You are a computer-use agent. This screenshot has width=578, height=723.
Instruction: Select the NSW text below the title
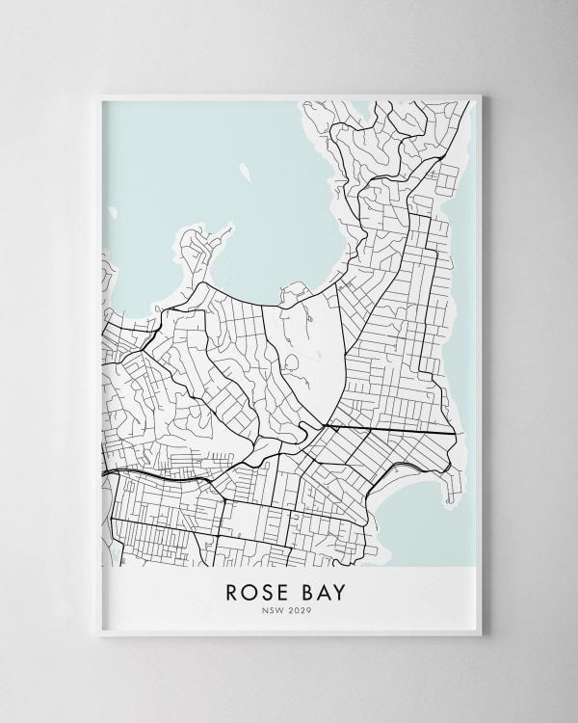(277, 609)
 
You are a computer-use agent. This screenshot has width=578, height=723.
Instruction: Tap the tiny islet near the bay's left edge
(112, 211)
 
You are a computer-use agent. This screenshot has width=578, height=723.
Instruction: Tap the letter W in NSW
(285, 609)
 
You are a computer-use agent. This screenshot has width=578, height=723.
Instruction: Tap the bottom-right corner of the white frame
(485, 641)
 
